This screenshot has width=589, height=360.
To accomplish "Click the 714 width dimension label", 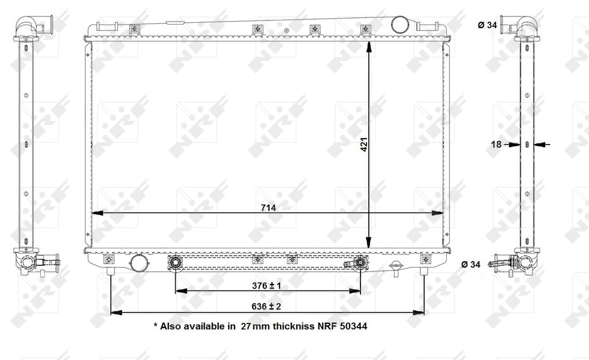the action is coord(268,208).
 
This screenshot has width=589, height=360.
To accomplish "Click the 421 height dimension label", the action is coord(364,145).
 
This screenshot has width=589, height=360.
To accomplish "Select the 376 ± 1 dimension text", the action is coord(266,286).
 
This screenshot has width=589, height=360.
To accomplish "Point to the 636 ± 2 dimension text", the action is coord(266,306).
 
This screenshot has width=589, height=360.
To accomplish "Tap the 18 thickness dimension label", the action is coord(496,145).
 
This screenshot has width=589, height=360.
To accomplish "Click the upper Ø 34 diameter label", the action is coord(487,25).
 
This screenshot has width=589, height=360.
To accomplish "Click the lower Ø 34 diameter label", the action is coord(471,265).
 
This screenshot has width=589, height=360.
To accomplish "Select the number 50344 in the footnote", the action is coord(353,326).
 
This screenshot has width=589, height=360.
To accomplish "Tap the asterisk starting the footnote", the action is coord(155,325).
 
